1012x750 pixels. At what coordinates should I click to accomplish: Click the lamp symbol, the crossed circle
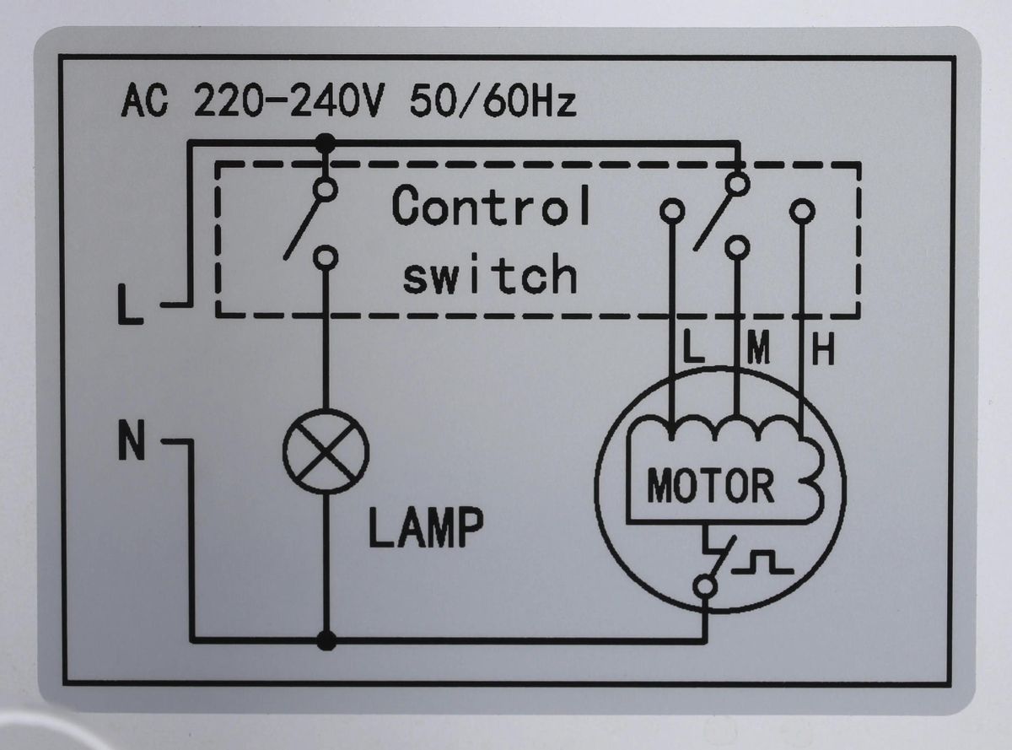pos(326,452)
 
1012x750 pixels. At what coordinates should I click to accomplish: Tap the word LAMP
pos(426,526)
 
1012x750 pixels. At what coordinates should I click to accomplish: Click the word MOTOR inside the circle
pos(710,486)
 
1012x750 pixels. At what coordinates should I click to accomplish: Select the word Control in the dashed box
pos(491,207)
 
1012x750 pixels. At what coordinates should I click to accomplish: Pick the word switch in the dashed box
pos(489,275)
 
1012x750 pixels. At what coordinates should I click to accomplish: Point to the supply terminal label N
pos(131,441)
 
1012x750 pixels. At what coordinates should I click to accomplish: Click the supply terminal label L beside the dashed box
pos(131,305)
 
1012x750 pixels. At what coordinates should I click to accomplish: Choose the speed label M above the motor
pos(759,350)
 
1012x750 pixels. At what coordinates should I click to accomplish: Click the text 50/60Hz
pos(493,103)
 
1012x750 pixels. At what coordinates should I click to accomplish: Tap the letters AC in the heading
pos(144,103)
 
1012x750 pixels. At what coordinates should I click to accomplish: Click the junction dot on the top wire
pos(325,144)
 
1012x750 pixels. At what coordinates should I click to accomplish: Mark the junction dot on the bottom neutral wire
pos(326,641)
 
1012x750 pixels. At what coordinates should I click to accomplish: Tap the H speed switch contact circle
pos(802,210)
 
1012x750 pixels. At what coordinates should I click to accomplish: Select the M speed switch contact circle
pos(737,247)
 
